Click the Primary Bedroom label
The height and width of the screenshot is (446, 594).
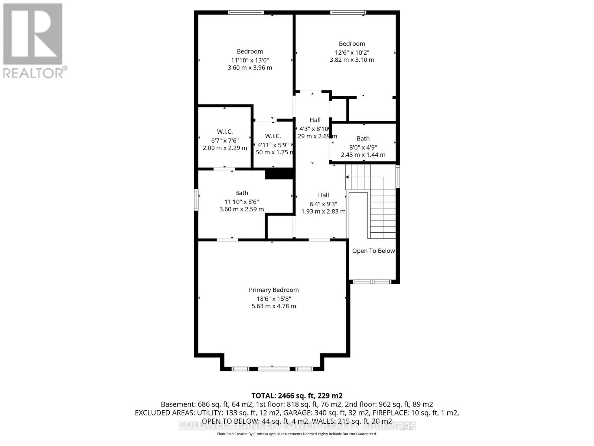tap(274, 290)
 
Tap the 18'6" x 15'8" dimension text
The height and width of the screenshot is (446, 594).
tap(274, 298)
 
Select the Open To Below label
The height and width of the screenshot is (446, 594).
tap(373, 251)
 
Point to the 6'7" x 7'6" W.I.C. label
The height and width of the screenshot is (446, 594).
tap(225, 132)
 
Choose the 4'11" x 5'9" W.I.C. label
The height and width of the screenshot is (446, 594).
tap(273, 136)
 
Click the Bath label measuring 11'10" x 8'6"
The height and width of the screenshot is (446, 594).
tap(241, 193)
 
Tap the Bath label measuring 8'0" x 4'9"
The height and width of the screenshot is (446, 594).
tap(363, 138)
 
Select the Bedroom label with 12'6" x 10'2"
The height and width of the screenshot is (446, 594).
tap(352, 43)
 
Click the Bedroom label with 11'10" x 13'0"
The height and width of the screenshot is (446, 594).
tap(250, 51)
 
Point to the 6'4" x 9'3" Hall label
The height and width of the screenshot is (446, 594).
tap(323, 195)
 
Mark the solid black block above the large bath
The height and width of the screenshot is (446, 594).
tap(279, 174)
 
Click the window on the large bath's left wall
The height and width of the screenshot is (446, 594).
tap(196, 200)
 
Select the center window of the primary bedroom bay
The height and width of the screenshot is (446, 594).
tap(274, 369)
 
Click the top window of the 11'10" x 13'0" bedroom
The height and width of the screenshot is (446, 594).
tap(246, 13)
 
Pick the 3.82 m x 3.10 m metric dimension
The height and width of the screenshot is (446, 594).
tap(352, 60)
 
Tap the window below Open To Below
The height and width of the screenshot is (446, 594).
tap(372, 282)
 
